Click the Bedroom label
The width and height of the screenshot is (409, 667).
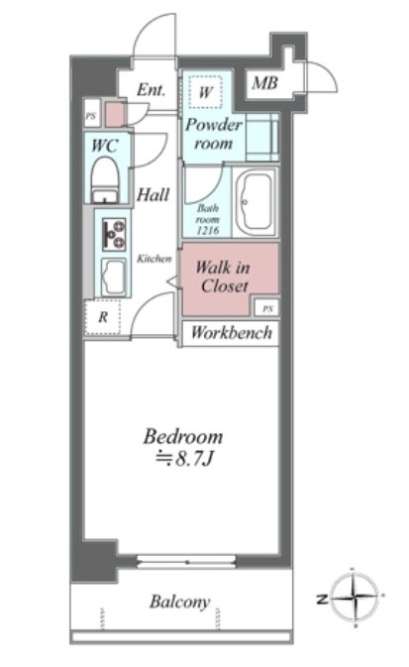coord(183,437)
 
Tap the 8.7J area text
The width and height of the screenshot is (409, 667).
coord(183,460)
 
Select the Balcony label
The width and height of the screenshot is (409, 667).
coord(180,602)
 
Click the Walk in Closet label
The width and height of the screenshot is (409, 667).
coord(223,277)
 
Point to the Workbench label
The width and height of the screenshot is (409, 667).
coord(232,332)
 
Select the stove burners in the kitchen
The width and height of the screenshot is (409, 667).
coord(114,234)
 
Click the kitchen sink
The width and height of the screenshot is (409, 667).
coord(114,277)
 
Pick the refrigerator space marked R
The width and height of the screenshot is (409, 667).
coord(102,317)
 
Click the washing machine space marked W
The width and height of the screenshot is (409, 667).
coord(206,92)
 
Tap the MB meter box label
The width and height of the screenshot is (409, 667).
coord(264,83)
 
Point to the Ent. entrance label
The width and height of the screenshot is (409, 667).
coord(151,90)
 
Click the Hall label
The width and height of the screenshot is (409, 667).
coord(153,195)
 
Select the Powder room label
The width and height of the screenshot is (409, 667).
coord(214,134)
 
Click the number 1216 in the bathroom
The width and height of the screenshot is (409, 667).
coord(208,231)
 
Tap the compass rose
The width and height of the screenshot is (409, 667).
coord(354,598)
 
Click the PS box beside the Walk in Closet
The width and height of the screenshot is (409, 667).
coord(267,309)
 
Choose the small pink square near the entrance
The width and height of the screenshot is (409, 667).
coord(114,114)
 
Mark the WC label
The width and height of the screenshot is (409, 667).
coord(105,146)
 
